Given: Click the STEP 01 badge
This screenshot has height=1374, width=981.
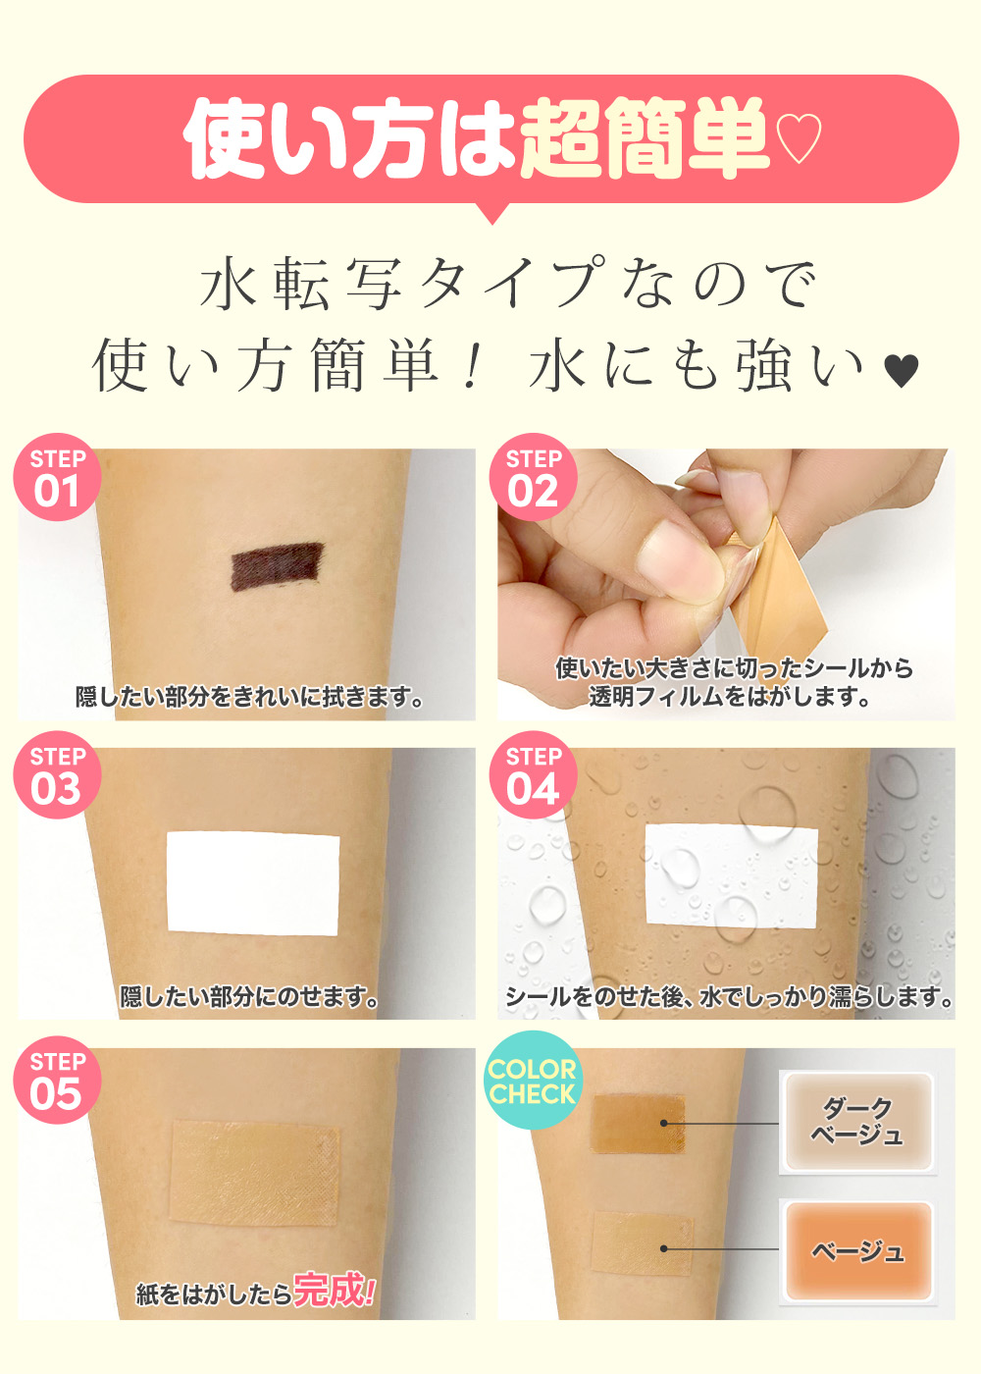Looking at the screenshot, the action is point(57,478).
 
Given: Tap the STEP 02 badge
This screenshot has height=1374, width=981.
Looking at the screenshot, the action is point(533,478).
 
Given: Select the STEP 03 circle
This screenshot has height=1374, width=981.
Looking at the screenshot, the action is point(57,775).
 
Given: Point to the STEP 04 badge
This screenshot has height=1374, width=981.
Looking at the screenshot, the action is point(533,775).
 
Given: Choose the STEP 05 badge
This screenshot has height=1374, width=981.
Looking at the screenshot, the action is point(57,1081).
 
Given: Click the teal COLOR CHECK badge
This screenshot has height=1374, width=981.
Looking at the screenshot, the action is point(532,1081).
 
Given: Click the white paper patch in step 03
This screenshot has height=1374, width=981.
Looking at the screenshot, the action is point(253,884).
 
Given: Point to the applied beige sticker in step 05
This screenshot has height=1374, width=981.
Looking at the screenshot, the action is point(254,1173).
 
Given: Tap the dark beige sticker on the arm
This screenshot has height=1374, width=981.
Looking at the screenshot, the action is point(638,1123).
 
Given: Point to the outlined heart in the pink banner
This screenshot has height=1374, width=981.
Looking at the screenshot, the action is point(799,138).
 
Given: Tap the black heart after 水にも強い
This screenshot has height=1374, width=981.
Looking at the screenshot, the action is point(903,372).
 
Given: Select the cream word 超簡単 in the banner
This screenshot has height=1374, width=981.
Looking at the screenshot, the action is point(645,138).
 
